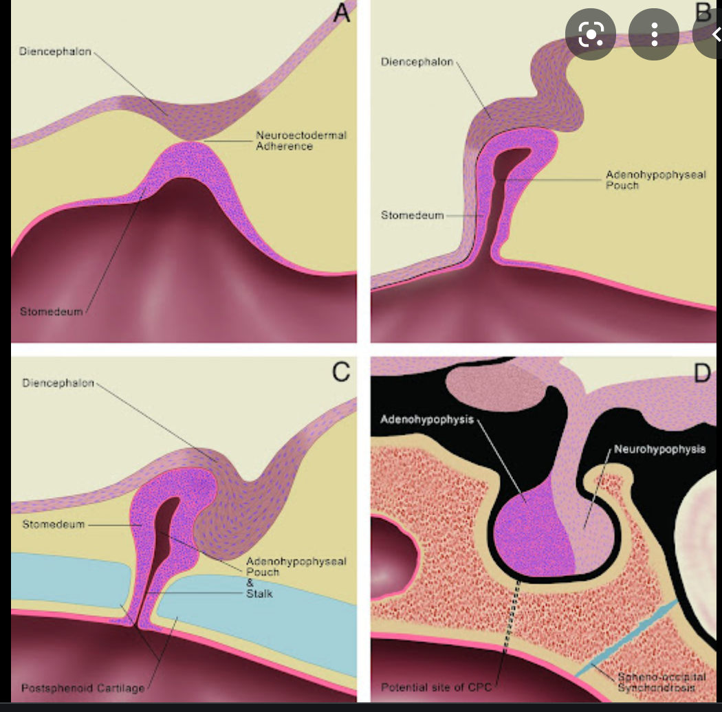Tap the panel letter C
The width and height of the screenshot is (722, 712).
[342, 371]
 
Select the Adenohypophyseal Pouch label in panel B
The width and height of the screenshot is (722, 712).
[655, 180]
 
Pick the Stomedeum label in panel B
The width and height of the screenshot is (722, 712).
[413, 215]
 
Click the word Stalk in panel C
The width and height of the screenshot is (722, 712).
[259, 593]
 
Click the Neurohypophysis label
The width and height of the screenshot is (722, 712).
[659, 449]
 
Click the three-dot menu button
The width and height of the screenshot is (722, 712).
[654, 34]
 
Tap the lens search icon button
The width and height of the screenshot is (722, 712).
[592, 34]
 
